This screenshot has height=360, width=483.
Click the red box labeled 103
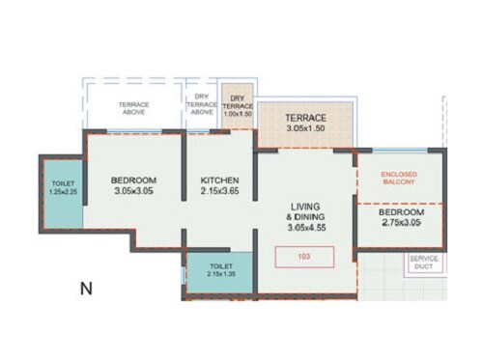pos(304,257)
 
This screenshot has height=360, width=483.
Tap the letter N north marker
pos(85,288)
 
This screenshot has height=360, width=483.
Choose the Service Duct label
pos(424,263)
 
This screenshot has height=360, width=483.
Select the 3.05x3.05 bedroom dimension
pos(133,192)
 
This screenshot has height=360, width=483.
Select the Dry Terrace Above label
pos(202,104)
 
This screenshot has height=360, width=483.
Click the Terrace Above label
pos(133,107)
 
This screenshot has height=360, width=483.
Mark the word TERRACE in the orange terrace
pos(306,117)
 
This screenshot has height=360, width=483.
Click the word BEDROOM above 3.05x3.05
pos(133,180)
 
